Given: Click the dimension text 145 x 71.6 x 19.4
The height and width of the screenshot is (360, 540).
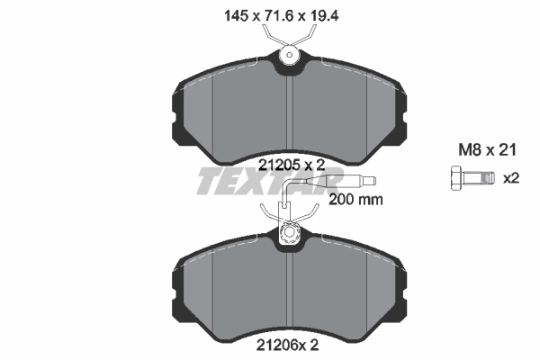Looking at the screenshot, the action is point(282,16).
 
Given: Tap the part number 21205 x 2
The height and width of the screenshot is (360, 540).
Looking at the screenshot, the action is point(292,166).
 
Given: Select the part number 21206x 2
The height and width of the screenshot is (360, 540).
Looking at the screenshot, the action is point(287,345).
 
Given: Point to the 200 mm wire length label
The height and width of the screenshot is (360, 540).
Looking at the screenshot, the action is point(355,200).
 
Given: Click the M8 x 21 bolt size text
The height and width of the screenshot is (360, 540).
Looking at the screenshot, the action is point(487,150).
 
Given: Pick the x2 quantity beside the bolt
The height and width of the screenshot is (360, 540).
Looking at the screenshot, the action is point(511,178).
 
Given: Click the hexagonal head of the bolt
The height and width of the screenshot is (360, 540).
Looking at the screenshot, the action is point(456,178).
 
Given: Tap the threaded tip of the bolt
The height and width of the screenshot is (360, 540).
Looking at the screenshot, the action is point(489,178).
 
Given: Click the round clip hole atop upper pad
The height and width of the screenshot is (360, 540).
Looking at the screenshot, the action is point(290,55).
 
